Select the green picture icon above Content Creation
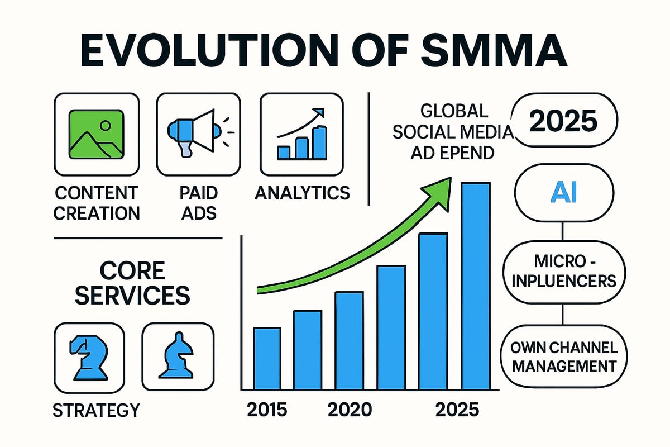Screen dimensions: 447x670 [x=95, y=134]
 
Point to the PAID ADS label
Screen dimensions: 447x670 [x=199, y=202]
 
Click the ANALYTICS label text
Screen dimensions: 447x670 [x=302, y=193]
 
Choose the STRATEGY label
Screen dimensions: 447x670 [x=95, y=410]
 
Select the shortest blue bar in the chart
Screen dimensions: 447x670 [x=267, y=358]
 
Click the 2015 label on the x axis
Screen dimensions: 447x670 [x=267, y=410]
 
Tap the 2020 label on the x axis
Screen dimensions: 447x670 [x=350, y=410]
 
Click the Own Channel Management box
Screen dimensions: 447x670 [x=564, y=358]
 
